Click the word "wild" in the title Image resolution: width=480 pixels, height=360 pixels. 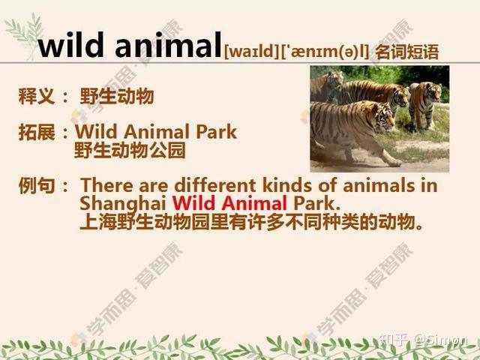point(71,45)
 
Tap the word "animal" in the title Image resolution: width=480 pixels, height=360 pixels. point(168,45)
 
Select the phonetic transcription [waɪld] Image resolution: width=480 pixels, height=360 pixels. point(252,51)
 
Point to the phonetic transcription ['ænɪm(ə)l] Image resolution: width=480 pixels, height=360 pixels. point(325,51)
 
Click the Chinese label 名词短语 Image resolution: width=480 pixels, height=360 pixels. point(407,52)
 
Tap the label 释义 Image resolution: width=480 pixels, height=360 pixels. point(37,96)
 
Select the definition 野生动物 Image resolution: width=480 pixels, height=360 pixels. point(117,96)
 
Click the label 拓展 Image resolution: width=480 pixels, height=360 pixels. point(37,132)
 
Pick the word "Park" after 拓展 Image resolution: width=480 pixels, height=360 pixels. point(216,132)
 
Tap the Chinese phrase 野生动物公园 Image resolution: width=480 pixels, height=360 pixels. point(130,150)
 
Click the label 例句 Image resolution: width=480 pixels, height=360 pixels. point(37,185)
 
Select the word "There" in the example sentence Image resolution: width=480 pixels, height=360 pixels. point(106,185)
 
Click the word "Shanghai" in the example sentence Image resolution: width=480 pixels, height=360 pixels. point(123,203)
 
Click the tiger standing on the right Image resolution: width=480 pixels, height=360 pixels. point(425,104)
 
